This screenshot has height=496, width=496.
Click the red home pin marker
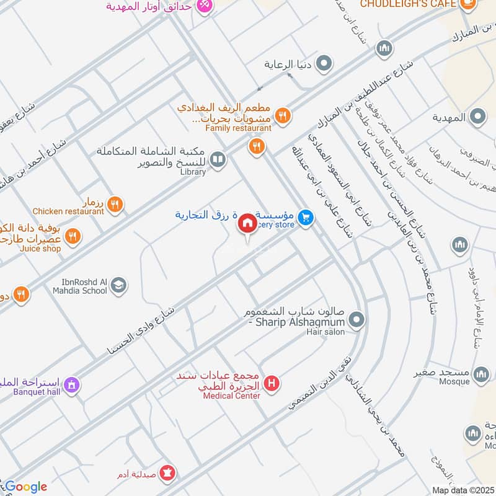[x=247, y=224]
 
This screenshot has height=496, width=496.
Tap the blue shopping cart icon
[x=304, y=217]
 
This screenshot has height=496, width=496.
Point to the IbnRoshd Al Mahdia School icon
[x=118, y=285]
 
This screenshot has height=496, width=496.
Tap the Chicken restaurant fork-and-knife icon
[x=115, y=203]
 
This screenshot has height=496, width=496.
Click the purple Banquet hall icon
[x=73, y=385]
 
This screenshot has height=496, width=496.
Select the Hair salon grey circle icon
[x=356, y=321]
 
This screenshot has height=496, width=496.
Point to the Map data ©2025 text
[x=463, y=490]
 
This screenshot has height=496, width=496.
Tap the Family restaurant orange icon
[x=283, y=115]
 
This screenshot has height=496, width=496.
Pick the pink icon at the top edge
[x=204, y=5]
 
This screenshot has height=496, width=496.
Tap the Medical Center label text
[x=231, y=396]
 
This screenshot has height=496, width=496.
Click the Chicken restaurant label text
[x=68, y=211]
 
